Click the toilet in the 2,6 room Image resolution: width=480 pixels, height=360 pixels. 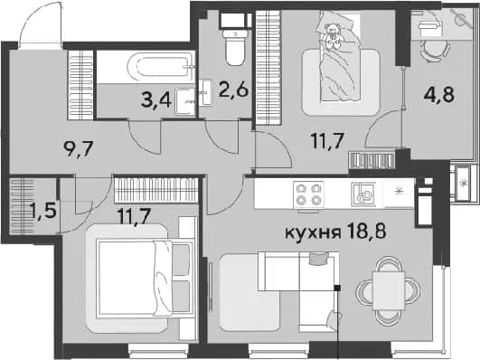pyautogui.click(x=235, y=48)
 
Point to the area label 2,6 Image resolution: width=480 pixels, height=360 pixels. pyautogui.click(x=234, y=90)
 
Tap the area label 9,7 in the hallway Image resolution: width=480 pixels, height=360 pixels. pyautogui.click(x=78, y=149)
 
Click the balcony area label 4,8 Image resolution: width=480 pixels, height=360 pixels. pyautogui.click(x=439, y=95)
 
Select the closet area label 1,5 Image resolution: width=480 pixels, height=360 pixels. pyautogui.click(x=43, y=211)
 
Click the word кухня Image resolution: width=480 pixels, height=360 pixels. pyautogui.click(x=313, y=232)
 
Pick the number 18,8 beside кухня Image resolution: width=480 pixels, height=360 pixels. pyautogui.click(x=367, y=232)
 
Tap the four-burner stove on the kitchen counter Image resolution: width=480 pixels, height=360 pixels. pyautogui.click(x=308, y=194)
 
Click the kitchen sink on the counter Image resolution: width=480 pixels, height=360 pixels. pyautogui.click(x=364, y=194)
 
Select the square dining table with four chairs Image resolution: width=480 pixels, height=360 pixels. pyautogui.click(x=388, y=290)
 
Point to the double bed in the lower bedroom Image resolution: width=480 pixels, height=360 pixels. pyautogui.click(x=145, y=279)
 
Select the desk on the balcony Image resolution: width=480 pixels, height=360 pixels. pyautogui.click(x=442, y=24)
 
